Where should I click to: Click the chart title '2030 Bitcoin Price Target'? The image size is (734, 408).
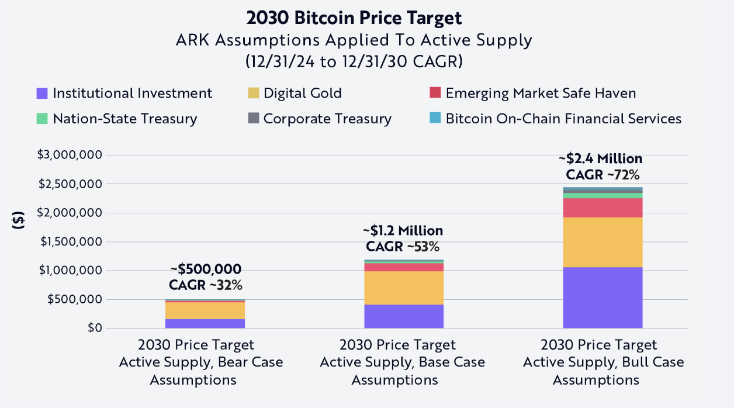click(354, 18)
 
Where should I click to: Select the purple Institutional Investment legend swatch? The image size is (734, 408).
click(41, 94)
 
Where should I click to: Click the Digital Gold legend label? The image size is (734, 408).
click(302, 94)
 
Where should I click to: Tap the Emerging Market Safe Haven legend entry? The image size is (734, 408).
click(541, 94)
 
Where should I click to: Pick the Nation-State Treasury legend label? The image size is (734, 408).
click(124, 119)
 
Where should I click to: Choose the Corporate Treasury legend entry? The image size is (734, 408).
click(327, 119)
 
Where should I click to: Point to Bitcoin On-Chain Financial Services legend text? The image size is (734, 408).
click(563, 119)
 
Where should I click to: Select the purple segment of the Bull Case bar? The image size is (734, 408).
click(603, 298)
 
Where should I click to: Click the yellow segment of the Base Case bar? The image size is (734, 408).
click(403, 288)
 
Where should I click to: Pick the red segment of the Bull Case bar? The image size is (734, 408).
click(603, 208)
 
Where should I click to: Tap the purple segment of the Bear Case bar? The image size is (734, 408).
click(205, 323)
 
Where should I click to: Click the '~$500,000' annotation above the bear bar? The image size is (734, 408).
click(205, 269)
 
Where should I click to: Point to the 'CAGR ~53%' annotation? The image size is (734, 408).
click(403, 246)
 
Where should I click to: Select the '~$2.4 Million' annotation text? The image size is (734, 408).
click(600, 159)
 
